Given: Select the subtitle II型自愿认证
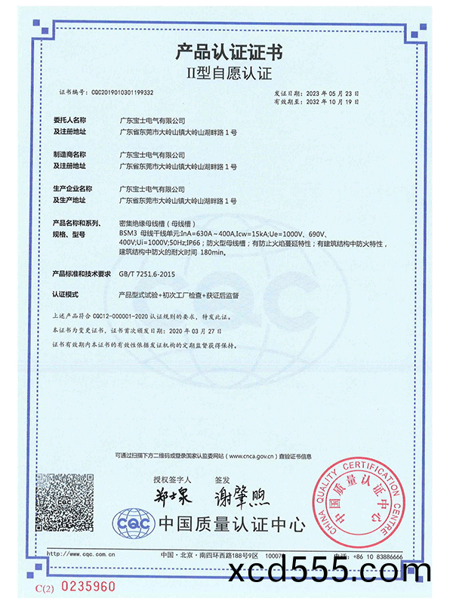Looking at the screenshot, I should pos(227,74).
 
